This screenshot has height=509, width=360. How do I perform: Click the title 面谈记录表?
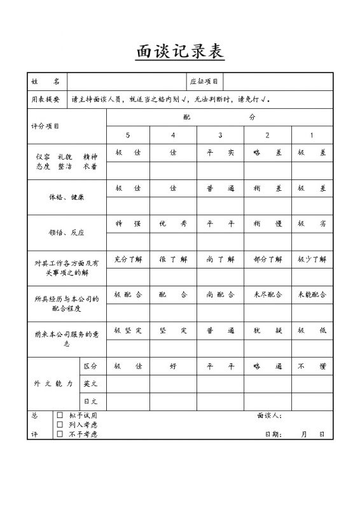click(x=180, y=52)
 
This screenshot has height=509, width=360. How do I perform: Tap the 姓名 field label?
click(x=46, y=82)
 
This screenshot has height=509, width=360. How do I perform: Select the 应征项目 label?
click(x=204, y=82)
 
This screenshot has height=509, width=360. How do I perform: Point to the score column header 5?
click(x=128, y=136)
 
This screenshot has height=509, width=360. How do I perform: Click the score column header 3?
click(x=220, y=136)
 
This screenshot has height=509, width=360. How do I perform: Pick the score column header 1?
click(x=312, y=136)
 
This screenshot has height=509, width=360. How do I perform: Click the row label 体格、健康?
click(x=66, y=197)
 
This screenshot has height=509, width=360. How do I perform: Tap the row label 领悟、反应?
click(x=66, y=233)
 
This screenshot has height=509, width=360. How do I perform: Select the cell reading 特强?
click(x=128, y=224)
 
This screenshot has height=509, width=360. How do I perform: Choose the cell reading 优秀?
click(x=174, y=224)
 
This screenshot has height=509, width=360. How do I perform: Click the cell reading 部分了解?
click(x=267, y=260)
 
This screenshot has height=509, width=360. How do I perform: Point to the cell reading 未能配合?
click(x=312, y=295)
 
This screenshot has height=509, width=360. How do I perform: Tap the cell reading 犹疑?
click(x=267, y=331)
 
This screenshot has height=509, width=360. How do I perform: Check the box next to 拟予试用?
click(x=60, y=415)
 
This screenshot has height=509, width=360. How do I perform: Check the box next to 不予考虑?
click(x=60, y=434)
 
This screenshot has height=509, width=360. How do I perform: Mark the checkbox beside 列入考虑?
click(x=60, y=424)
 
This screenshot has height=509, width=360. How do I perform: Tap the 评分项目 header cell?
click(x=45, y=127)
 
